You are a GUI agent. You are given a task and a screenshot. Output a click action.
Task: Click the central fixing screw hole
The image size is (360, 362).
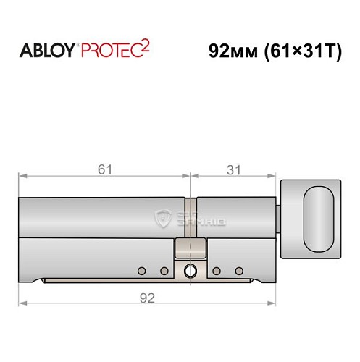tap(191, 271)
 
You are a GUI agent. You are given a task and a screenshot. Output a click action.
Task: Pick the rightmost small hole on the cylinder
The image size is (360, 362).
tap(239, 271)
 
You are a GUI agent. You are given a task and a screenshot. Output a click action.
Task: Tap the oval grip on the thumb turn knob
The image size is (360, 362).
tap(319, 210)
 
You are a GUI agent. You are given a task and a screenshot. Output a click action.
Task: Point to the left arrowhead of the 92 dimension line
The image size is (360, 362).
tap(22, 303)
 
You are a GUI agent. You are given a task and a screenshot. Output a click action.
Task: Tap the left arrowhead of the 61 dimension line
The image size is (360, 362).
tap(22, 176)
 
